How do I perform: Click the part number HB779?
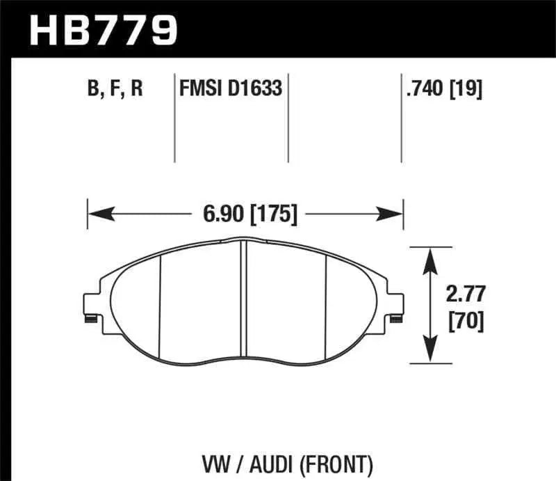[x=102, y=30]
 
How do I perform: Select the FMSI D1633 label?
[x=230, y=90]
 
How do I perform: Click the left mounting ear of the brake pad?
[x=91, y=307]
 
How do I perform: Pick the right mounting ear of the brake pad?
[x=396, y=307]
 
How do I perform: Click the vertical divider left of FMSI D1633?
[x=174, y=118]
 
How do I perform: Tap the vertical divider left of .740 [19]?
[x=401, y=118]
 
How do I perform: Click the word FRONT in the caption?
[x=341, y=462]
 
